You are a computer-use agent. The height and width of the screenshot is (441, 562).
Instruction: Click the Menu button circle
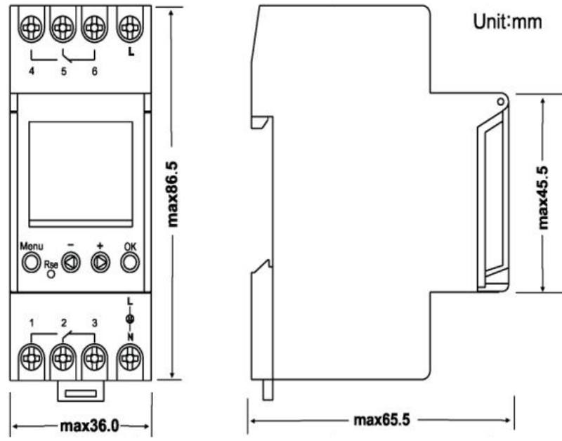(31, 263)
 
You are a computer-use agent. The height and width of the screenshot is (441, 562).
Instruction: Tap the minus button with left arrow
(71, 263)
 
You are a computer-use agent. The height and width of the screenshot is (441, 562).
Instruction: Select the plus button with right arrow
(100, 263)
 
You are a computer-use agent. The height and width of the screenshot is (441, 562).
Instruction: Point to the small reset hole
(51, 274)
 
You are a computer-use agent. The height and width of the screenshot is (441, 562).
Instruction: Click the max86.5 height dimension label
(172, 195)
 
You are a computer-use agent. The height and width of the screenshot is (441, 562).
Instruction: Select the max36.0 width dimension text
(89, 426)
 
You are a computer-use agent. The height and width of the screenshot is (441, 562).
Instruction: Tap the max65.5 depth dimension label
(381, 420)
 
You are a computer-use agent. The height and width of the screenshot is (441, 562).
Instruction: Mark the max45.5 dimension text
(543, 198)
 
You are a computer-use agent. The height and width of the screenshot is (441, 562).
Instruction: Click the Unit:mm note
(507, 22)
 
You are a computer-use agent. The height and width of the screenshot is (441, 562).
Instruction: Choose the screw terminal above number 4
(32, 28)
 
